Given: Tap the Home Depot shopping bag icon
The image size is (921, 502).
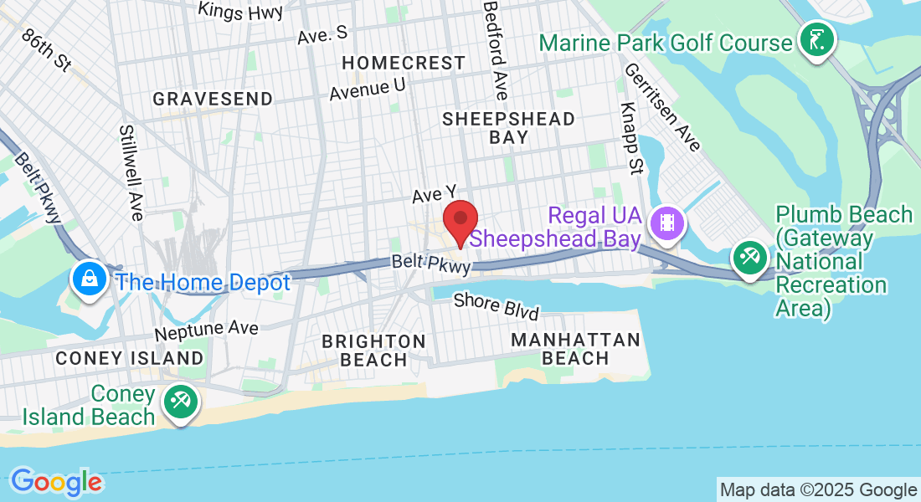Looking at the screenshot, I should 88,278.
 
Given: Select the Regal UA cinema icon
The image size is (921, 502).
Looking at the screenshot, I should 667,223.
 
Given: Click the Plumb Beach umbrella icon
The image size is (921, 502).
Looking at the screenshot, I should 749,256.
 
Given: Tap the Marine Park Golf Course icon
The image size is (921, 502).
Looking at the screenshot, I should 816,38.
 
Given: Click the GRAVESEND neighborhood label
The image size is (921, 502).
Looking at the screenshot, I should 213,99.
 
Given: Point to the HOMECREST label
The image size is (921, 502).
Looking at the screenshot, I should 404,63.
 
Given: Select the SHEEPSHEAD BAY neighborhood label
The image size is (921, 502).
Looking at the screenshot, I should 508,128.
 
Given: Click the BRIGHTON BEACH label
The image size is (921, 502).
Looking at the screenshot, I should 373,351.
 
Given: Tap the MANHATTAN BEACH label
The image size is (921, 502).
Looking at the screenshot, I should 575,349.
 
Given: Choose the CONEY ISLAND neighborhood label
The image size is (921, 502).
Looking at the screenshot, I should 129,358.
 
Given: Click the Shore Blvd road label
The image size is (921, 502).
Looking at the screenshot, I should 496,305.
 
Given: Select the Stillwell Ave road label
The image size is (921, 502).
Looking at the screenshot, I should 131,173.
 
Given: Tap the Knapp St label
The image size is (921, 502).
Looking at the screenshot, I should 630,139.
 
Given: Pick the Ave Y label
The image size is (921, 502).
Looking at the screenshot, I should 433,196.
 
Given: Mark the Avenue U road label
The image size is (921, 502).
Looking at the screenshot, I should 367,89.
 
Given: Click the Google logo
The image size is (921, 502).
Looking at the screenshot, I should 56,482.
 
